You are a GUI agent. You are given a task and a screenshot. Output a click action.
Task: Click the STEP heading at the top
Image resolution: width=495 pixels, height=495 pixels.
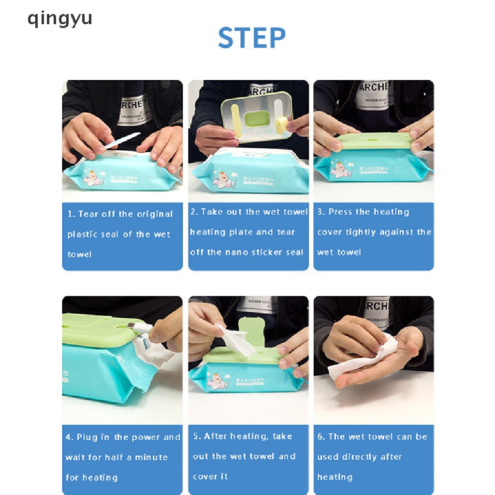pyautogui.click(x=251, y=38)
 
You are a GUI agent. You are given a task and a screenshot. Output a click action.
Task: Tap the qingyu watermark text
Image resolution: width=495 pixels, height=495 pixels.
pyautogui.click(x=59, y=19)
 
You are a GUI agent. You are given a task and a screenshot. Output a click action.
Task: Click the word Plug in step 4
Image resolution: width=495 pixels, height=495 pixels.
pyautogui.click(x=87, y=437)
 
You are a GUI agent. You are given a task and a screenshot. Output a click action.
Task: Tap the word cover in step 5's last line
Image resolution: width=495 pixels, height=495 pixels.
pyautogui.click(x=204, y=477)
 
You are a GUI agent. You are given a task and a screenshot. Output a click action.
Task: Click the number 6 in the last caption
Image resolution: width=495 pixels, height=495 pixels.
pyautogui.click(x=320, y=437)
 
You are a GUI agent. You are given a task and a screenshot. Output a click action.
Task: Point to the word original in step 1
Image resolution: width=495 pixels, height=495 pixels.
pyautogui.click(x=155, y=214)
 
